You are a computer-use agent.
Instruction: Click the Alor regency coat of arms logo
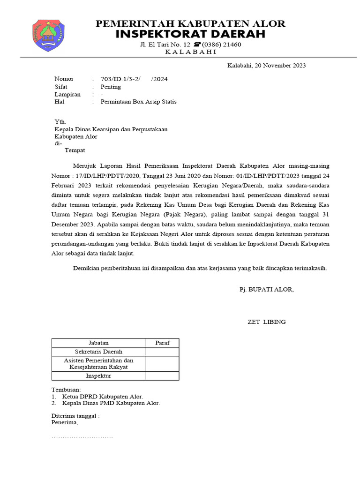48,35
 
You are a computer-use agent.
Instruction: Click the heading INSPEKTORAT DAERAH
190,34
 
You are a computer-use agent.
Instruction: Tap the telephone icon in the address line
194,45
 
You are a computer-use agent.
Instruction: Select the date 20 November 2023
267,65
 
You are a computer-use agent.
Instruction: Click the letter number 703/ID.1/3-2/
120,79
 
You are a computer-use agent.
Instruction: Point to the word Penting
111,87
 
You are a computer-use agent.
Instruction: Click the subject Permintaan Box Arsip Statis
139,102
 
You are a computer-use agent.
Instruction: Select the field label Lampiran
67,94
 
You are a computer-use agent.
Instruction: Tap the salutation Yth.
60,121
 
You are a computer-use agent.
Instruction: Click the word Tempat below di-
75,150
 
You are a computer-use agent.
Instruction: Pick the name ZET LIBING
266,322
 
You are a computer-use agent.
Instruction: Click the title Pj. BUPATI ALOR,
267,289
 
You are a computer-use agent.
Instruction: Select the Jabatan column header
98,343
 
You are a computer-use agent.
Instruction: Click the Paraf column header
162,343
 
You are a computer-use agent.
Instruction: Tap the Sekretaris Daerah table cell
98,352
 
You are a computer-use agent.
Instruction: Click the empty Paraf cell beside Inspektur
162,375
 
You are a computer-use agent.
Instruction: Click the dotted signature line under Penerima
82,437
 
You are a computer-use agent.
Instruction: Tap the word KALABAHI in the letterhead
191,52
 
